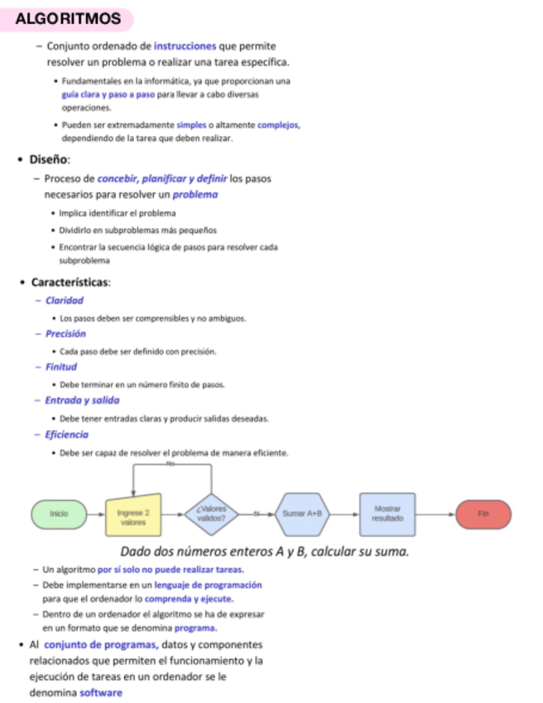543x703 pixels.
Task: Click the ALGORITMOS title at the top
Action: click(x=69, y=18)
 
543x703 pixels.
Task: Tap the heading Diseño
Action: click(x=50, y=159)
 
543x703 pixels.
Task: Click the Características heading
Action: click(x=70, y=282)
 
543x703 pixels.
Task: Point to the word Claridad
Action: click(x=65, y=300)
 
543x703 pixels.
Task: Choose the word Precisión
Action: click(x=65, y=334)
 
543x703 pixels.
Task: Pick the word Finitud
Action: click(x=61, y=366)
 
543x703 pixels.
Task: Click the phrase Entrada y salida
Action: click(x=82, y=400)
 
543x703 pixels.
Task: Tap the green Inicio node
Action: click(x=58, y=515)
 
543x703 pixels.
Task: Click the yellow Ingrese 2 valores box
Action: click(x=133, y=515)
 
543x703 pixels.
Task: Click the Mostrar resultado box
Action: click(x=387, y=514)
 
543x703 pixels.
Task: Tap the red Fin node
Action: click(x=483, y=515)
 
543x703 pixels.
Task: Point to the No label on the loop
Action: click(x=171, y=464)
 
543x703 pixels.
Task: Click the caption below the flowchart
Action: click(x=265, y=552)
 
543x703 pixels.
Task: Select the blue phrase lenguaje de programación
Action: click(x=209, y=585)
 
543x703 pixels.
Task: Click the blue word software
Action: click(x=101, y=692)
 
